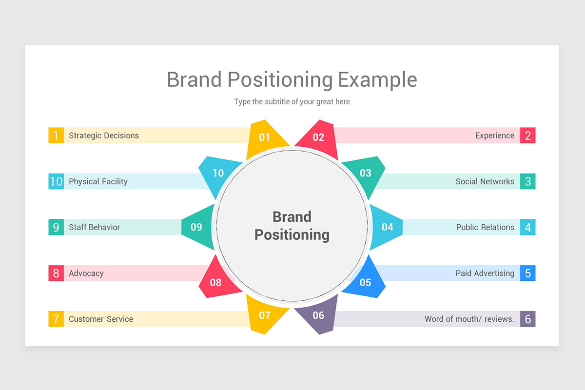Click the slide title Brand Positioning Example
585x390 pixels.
(292, 79)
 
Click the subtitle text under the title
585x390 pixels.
(292, 102)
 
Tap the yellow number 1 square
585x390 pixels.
(56, 136)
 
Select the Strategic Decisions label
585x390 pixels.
(104, 136)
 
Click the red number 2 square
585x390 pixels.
(527, 136)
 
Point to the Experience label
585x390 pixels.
(494, 136)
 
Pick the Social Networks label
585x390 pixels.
(485, 181)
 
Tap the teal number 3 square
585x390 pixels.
(527, 181)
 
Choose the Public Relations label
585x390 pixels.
(485, 227)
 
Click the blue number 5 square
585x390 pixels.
(527, 273)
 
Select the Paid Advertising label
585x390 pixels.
(485, 273)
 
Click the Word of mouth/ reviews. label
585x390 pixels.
(469, 319)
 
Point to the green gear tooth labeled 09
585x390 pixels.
(197, 227)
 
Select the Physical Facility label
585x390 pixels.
(98, 181)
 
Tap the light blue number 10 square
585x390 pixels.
(56, 181)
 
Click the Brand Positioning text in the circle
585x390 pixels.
(292, 226)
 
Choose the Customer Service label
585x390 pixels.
(101, 319)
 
